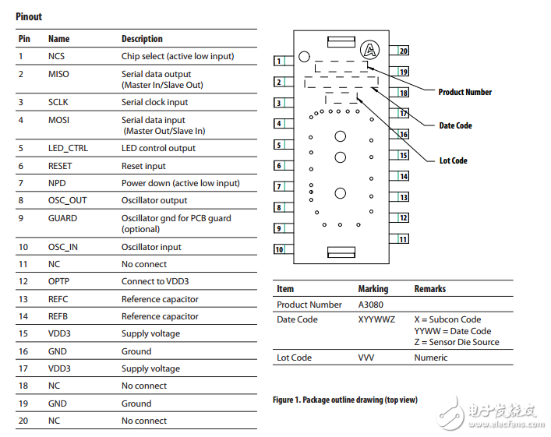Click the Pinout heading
(30, 16)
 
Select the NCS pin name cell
(57, 56)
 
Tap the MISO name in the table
(58, 74)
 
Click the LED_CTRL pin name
(68, 148)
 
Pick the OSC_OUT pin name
(68, 200)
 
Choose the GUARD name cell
(62, 218)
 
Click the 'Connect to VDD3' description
(154, 281)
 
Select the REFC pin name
(59, 299)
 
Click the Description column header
(142, 39)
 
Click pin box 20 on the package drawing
(403, 51)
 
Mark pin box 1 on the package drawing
(278, 61)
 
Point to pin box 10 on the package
(278, 250)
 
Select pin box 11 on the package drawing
(403, 239)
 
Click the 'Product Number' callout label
(464, 92)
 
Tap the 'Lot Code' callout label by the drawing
(453, 160)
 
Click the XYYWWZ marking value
(376, 319)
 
